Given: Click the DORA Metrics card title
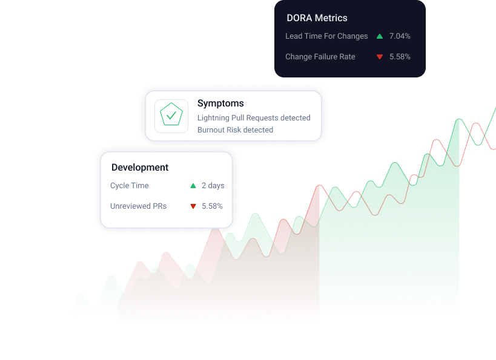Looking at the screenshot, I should [x=317, y=18].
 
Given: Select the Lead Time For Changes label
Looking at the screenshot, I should [x=326, y=36].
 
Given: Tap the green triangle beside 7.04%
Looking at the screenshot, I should [x=380, y=36].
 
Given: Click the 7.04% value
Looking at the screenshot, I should [x=400, y=36].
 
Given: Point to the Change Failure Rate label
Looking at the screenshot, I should [x=320, y=57].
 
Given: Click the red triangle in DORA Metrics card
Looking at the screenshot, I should [x=380, y=57].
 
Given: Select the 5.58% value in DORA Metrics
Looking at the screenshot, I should [x=400, y=57].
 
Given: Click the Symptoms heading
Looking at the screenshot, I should [x=220, y=103].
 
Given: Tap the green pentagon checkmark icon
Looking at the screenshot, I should [x=171, y=116].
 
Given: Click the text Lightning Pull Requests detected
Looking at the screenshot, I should [x=254, y=118].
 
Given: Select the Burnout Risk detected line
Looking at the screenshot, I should [x=235, y=130].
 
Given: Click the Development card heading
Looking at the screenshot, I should [x=140, y=168].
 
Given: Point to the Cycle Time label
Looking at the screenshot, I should [x=129, y=186].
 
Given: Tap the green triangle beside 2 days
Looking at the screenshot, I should [x=193, y=186].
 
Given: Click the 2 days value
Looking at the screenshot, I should [x=213, y=186].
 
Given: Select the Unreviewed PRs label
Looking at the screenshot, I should [x=138, y=206].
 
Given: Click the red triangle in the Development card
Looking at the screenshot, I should [x=193, y=206].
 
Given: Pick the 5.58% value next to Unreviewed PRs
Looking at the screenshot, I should [x=212, y=206].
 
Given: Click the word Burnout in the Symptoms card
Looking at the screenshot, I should [x=211, y=130].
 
